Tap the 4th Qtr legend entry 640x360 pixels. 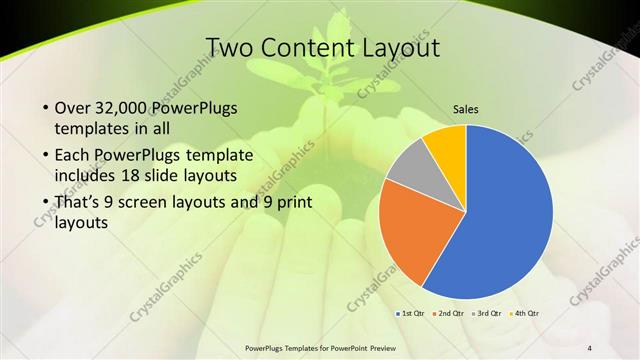click(x=524, y=314)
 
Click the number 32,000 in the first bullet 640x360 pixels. click(x=126, y=108)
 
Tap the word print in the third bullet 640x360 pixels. click(x=290, y=204)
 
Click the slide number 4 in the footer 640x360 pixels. click(x=590, y=348)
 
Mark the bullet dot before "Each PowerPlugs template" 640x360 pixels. click(x=46, y=156)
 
